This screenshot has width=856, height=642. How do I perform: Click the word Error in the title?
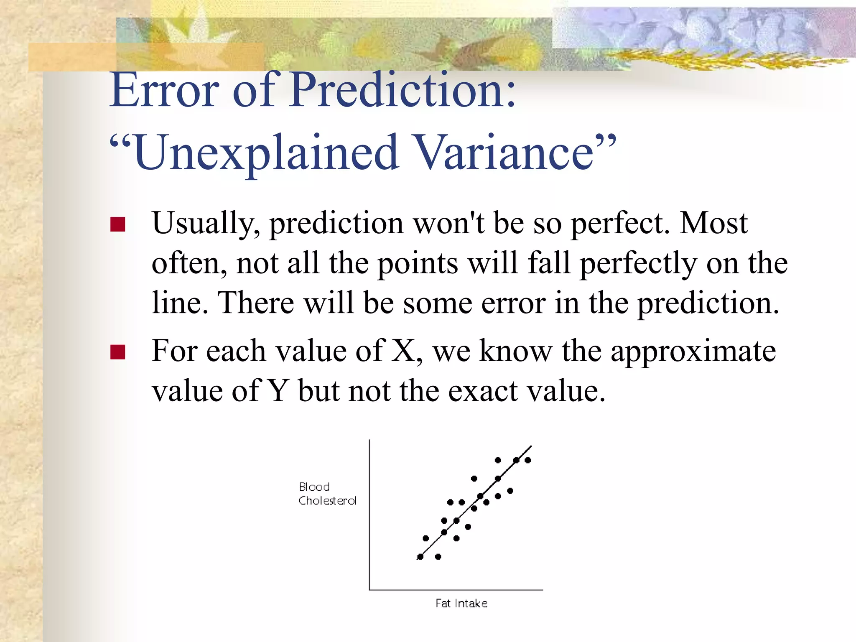pyautogui.click(x=164, y=90)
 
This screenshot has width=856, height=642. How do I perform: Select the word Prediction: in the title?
pyautogui.click(x=403, y=90)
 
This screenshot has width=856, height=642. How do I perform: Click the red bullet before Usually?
pyautogui.click(x=118, y=224)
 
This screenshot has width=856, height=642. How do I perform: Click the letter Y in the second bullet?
pyautogui.click(x=278, y=391)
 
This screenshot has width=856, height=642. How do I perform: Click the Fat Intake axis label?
pyautogui.click(x=461, y=604)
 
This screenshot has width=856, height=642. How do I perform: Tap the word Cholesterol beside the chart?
pyautogui.click(x=327, y=501)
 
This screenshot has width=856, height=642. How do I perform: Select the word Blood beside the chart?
pyautogui.click(x=314, y=487)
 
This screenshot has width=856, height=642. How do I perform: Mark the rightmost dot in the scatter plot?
pyautogui.click(x=528, y=460)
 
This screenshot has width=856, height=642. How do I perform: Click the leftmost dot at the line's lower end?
pyautogui.click(x=420, y=557)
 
